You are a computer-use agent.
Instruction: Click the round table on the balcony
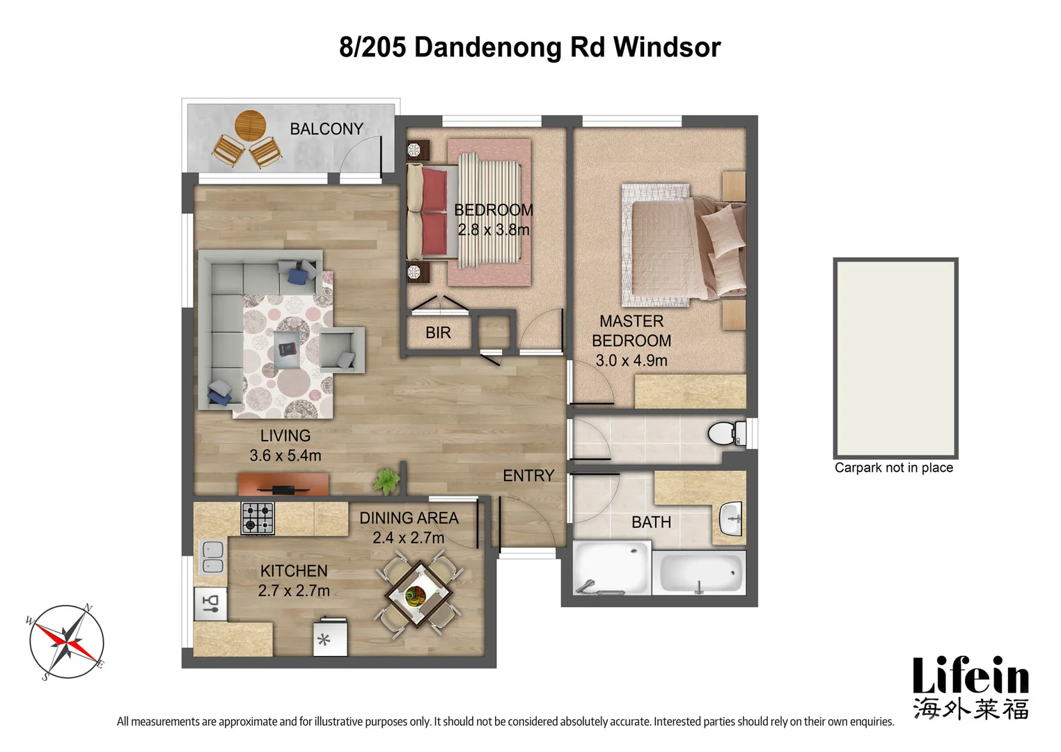click(250, 126)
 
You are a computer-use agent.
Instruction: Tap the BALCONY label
click(327, 129)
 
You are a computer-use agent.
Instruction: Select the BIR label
click(438, 333)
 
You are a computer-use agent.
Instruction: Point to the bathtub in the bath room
click(700, 573)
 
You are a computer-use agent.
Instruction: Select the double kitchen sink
click(212, 557)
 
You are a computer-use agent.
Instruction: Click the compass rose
click(67, 641)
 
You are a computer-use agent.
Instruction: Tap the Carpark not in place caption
click(893, 468)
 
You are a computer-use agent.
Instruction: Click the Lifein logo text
click(970, 676)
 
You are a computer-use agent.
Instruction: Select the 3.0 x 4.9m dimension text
click(631, 361)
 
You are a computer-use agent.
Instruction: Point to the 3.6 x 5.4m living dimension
click(285, 455)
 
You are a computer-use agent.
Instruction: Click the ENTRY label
click(528, 476)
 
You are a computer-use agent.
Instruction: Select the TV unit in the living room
click(283, 484)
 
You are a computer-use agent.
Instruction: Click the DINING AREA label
click(409, 518)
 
